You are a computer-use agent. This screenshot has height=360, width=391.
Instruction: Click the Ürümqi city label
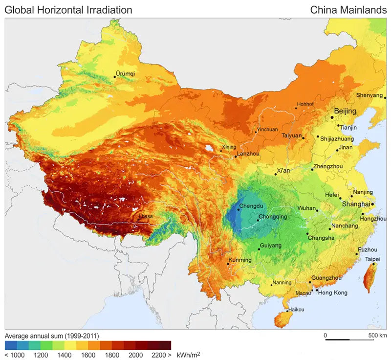126,74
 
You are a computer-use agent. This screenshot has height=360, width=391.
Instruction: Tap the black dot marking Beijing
332,117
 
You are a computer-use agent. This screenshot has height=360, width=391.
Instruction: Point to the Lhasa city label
146,216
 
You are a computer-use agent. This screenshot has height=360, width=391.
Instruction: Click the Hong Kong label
333,292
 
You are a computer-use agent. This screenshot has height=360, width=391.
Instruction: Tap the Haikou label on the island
296,310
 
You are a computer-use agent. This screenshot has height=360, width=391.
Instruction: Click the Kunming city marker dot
228,264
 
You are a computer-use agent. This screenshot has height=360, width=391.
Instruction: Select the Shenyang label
369,95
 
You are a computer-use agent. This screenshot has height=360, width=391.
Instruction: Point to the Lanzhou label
248,154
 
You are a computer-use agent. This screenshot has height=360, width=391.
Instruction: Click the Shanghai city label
356,204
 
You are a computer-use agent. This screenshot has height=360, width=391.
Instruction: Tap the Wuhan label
307,208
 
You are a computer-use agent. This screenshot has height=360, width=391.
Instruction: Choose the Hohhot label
305,104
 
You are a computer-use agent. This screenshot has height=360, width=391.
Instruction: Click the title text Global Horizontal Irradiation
68,10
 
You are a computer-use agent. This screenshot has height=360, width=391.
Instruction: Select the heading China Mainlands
348,10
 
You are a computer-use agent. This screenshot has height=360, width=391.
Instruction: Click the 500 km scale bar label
377,335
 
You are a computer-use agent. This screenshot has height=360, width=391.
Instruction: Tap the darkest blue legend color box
10,345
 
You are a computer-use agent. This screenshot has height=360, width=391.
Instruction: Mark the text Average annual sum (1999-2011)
52,336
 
